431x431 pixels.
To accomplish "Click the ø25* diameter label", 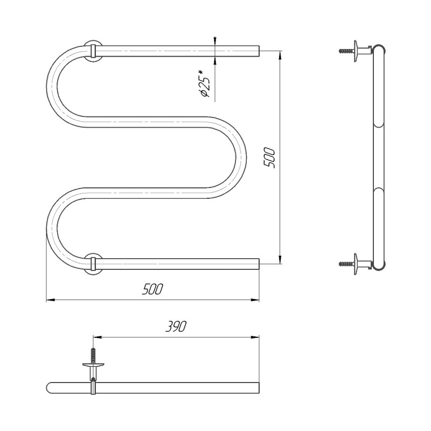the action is pos(205,84).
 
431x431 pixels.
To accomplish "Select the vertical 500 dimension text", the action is pos(269,158).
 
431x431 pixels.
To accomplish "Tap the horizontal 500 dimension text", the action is pos(152,289).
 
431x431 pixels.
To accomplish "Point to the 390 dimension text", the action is pos(176,326).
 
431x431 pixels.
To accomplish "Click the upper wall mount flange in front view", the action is pos(93,51).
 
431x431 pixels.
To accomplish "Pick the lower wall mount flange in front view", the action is pos(93,264).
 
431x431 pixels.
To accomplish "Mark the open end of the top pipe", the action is pos(259,51).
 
